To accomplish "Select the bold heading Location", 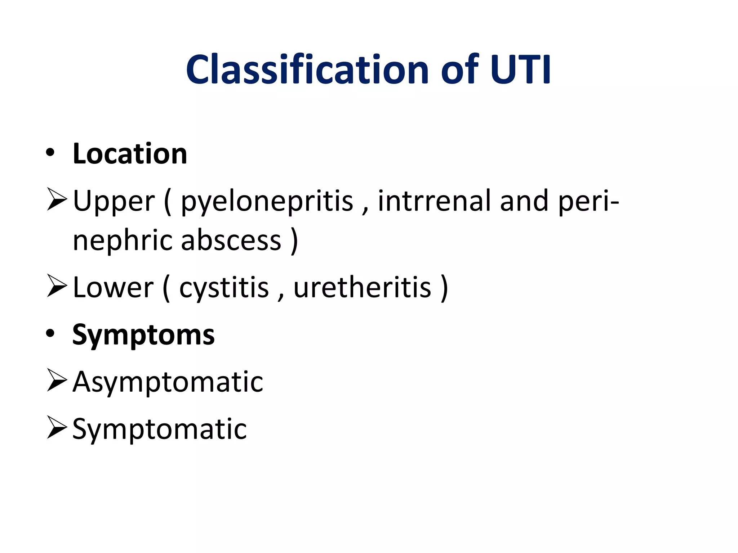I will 130,154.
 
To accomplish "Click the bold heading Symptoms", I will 143,335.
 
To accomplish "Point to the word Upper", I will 114,201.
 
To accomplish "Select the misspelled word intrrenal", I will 434,201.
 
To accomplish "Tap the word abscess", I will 231,240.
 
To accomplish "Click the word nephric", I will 123,240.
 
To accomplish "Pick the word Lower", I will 113,287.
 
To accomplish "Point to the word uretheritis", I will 362,287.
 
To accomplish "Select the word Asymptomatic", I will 168,382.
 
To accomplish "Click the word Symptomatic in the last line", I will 160,429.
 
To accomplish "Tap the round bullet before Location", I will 50,153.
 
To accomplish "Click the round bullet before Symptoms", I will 50,334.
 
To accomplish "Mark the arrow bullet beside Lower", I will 57,287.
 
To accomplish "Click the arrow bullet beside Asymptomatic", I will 57,381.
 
